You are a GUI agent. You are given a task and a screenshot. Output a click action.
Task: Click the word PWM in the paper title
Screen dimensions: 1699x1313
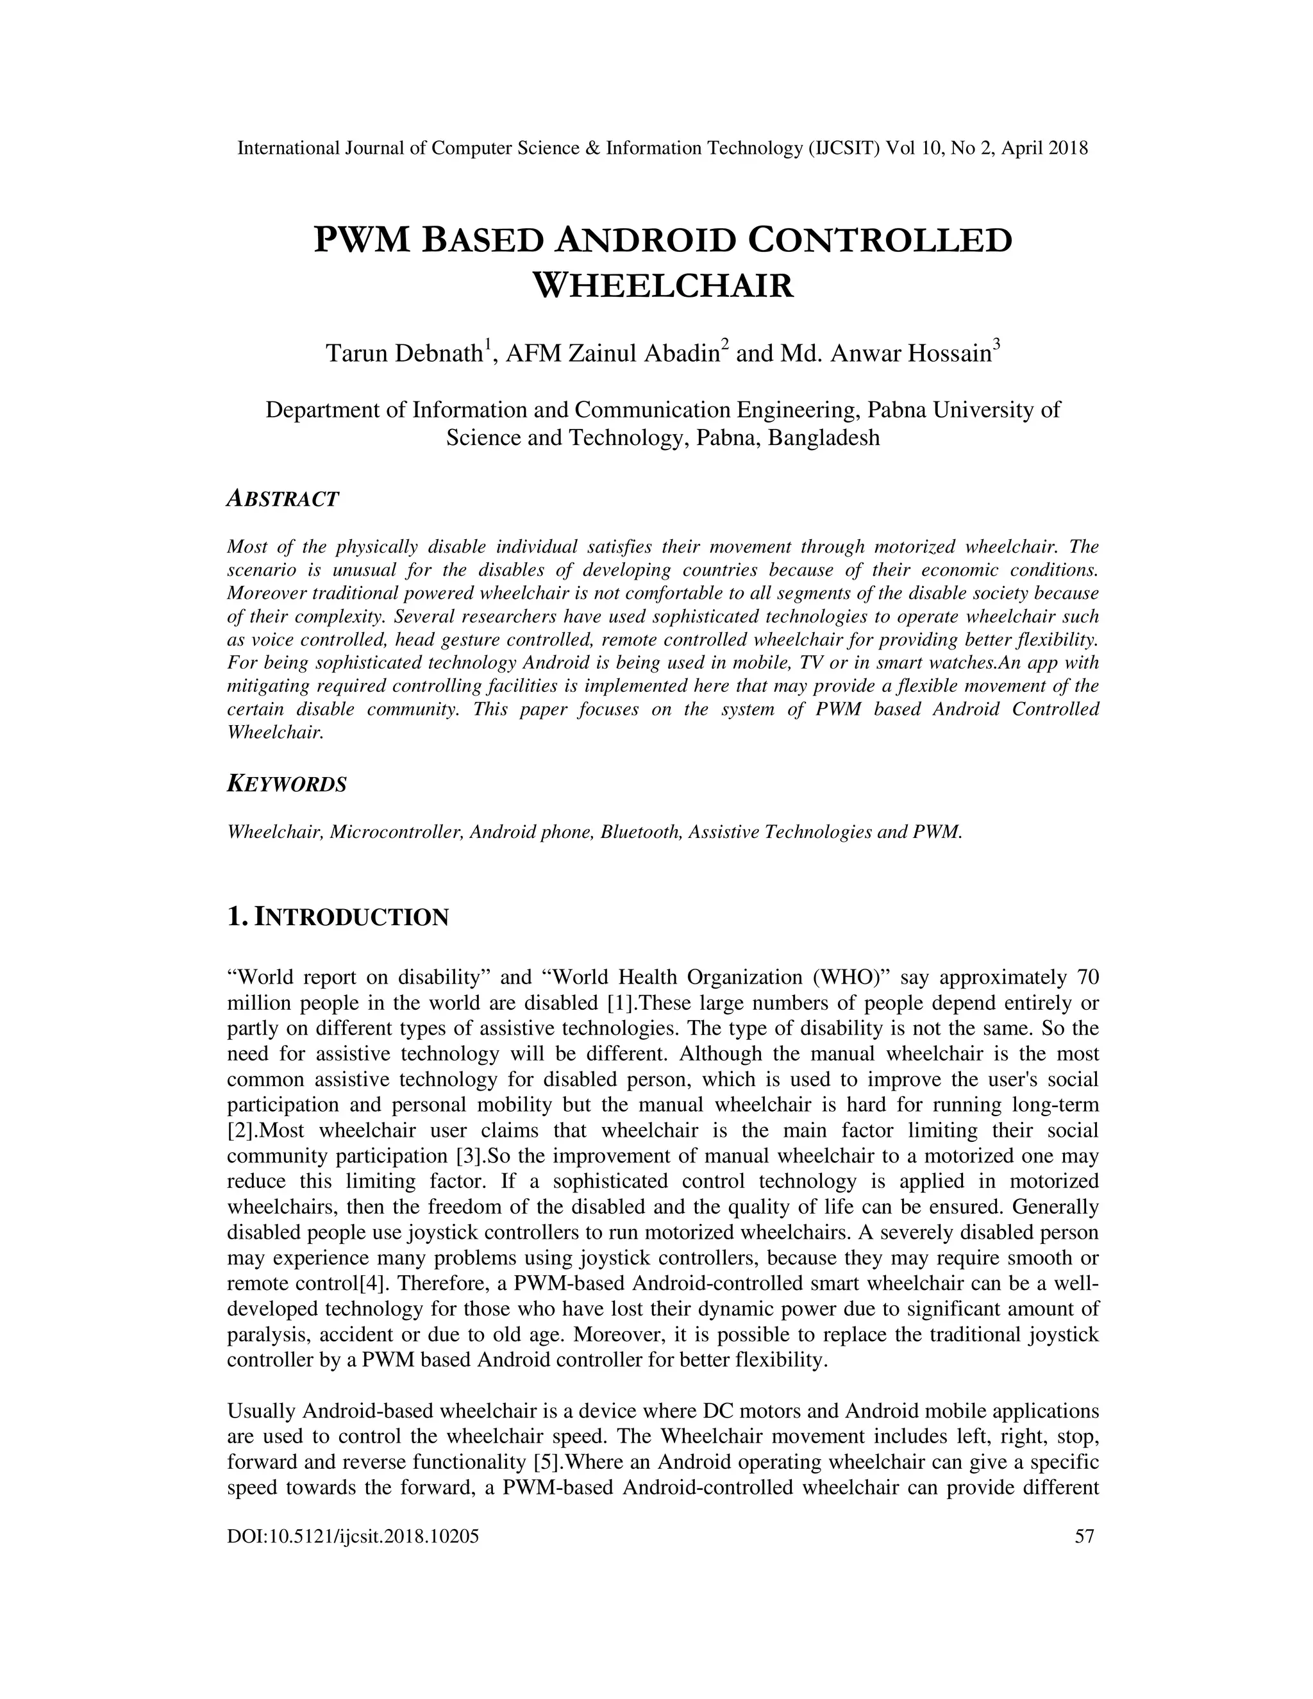point(361,240)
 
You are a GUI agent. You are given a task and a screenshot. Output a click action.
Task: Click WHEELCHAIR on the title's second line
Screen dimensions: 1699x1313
point(663,285)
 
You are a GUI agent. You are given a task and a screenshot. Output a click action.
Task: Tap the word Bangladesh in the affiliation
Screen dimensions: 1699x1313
point(824,437)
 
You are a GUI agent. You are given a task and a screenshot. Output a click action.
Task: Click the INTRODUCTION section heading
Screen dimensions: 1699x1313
point(351,917)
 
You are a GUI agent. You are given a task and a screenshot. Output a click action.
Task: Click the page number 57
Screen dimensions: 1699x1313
point(1084,1536)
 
